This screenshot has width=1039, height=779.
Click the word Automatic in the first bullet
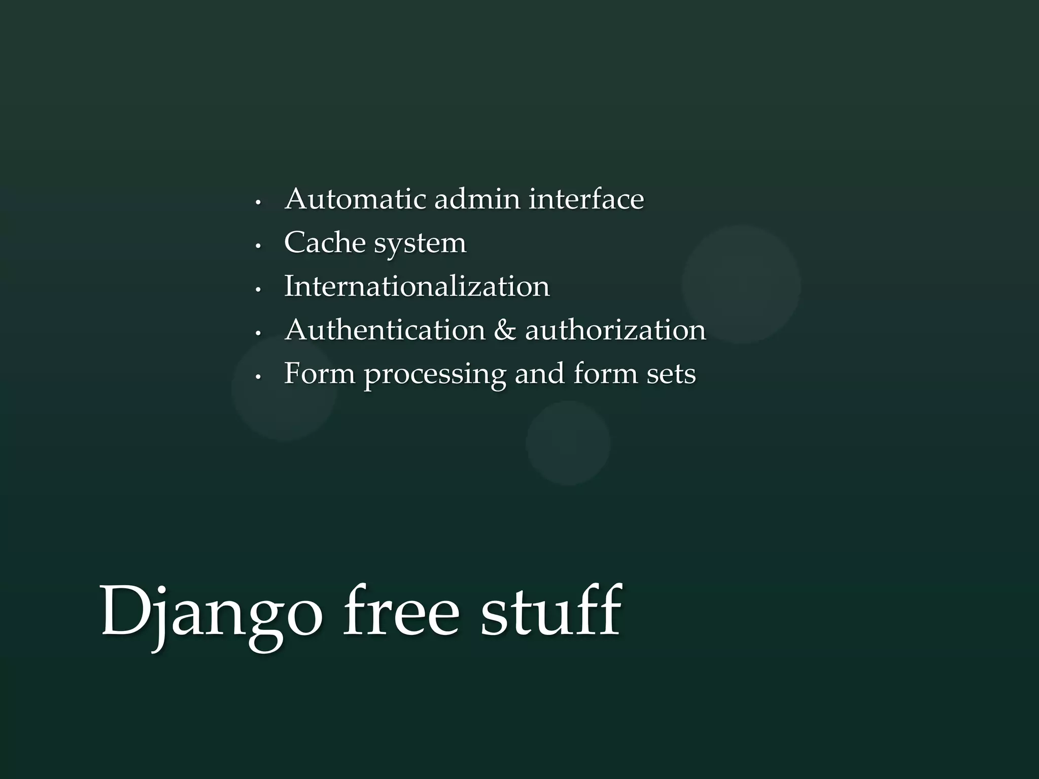click(355, 199)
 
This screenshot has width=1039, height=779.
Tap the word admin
click(477, 199)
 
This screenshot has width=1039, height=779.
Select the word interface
click(586, 199)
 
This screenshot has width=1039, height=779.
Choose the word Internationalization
click(417, 287)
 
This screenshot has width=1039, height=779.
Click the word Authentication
click(385, 330)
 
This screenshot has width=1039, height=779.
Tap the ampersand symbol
click(505, 331)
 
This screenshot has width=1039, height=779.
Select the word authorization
click(615, 330)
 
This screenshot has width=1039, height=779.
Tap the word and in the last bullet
click(539, 374)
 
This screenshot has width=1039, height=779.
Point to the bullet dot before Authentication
click(258, 334)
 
